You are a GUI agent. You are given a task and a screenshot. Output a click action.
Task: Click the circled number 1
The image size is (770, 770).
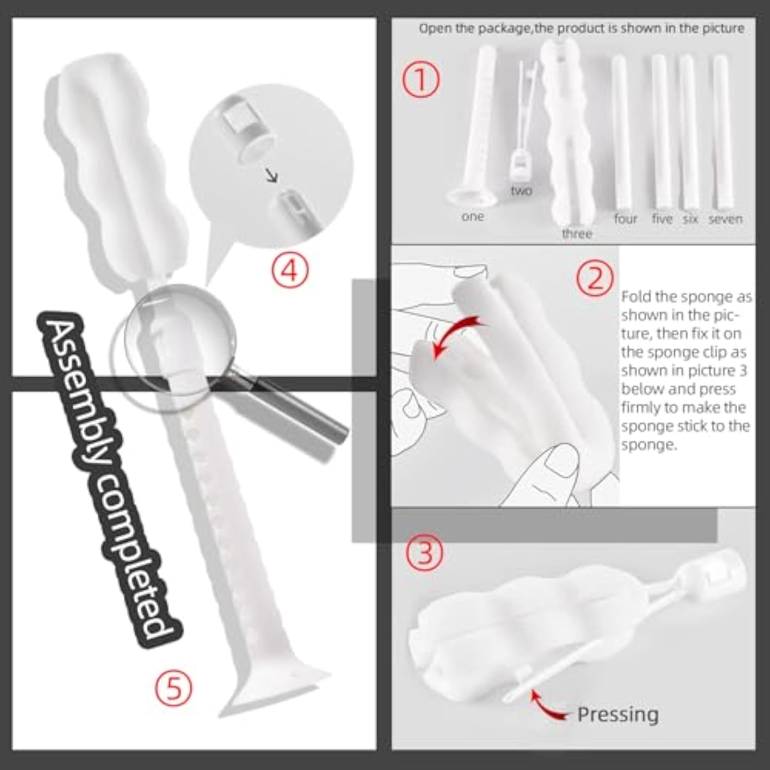[x=420, y=81]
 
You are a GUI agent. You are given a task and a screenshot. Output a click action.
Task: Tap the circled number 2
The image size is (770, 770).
[x=594, y=279]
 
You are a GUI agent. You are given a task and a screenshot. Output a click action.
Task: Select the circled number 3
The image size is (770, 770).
[x=425, y=552]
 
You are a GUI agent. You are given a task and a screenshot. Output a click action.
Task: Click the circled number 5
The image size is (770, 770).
[x=174, y=688]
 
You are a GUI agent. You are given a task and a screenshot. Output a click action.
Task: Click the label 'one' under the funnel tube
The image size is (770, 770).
[x=472, y=217]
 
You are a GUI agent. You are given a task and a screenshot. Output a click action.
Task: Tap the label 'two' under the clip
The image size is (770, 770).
[x=521, y=190]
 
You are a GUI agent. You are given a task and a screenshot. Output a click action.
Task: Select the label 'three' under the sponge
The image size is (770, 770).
[x=577, y=234]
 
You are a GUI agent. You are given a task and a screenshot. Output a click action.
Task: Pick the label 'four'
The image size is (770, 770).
[x=626, y=219]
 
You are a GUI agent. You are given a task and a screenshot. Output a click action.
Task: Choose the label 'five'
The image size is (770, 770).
[x=662, y=219]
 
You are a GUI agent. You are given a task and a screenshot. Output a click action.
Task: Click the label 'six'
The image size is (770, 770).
[x=690, y=219]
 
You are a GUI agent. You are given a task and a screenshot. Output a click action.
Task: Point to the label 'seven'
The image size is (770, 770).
[x=725, y=219]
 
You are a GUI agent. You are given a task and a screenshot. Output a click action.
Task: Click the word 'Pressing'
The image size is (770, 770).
[x=618, y=715]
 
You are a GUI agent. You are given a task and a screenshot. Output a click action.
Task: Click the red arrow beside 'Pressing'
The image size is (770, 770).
[x=545, y=707]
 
